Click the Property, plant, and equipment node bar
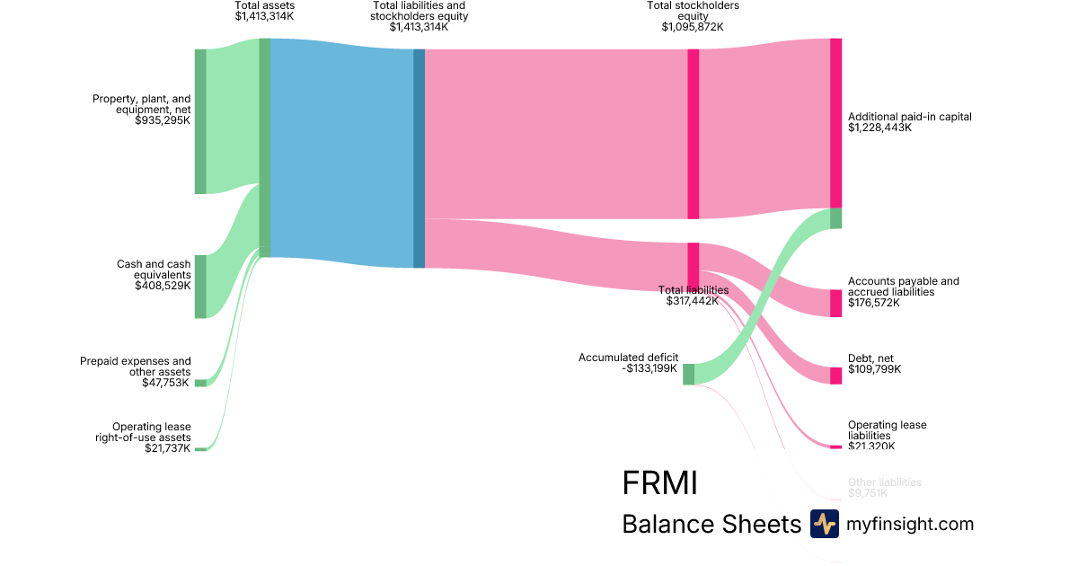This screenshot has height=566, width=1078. [200, 121]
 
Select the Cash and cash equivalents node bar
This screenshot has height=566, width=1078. [200, 286]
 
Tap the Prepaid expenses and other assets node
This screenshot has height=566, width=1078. [200, 383]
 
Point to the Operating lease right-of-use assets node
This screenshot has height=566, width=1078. [200, 448]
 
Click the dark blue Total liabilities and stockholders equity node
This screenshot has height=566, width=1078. [419, 158]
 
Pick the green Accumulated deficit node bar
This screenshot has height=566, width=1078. [688, 374]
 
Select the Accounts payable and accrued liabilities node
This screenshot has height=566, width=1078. [835, 303]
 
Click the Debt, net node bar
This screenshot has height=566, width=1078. [835, 376]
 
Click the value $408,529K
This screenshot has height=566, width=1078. [163, 286]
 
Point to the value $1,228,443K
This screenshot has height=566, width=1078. [879, 128]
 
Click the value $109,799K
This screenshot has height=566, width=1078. [874, 369]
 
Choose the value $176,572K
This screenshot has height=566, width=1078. [874, 303]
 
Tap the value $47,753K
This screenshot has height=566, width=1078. [166, 383]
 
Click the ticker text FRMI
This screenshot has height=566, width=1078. [659, 483]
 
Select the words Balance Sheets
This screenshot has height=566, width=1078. [711, 525]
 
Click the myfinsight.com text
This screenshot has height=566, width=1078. [910, 524]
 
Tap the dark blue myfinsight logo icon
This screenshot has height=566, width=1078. [824, 524]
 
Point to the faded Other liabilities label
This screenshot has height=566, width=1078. [884, 482]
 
